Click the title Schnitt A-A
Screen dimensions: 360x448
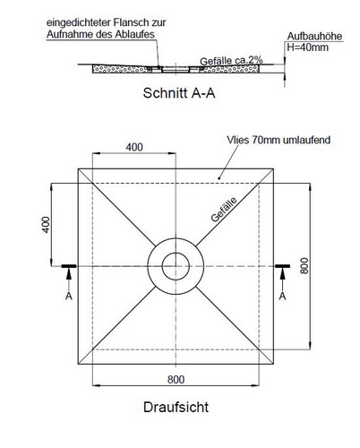[179, 93]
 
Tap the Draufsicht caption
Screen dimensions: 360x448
[176, 407]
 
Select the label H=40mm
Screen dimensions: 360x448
[307, 47]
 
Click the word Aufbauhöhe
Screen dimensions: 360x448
[314, 36]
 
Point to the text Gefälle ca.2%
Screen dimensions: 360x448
[231, 61]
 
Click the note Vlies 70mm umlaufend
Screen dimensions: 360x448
[279, 140]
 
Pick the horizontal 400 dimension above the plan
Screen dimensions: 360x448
[134, 147]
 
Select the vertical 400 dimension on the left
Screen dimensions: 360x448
[46, 225]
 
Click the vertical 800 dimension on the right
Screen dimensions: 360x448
[304, 266]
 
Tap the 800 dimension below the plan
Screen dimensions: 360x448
[176, 380]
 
